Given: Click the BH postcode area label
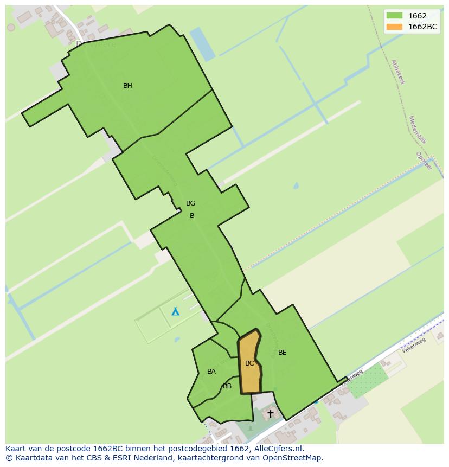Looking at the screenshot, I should pyautogui.click(x=127, y=86).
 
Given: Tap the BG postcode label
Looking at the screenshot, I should pyautogui.click(x=190, y=203).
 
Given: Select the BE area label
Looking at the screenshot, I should pyautogui.click(x=282, y=353).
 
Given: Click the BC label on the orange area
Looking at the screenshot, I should pyautogui.click(x=249, y=363).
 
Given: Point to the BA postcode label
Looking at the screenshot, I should pyautogui.click(x=211, y=372).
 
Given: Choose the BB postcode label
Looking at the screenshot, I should pyautogui.click(x=227, y=386).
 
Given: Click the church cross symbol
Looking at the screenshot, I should pyautogui.click(x=270, y=413).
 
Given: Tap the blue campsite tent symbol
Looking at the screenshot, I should pyautogui.click(x=175, y=311).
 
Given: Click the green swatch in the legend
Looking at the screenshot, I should pyautogui.click(x=394, y=16).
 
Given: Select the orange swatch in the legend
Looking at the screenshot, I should pyautogui.click(x=394, y=27).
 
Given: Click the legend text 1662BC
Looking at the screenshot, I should pyautogui.click(x=423, y=27).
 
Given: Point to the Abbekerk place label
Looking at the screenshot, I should pyautogui.click(x=397, y=72).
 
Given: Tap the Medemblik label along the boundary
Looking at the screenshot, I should pyautogui.click(x=418, y=130).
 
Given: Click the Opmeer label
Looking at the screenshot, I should pyautogui.click(x=424, y=161).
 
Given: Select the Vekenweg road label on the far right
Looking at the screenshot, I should pyautogui.click(x=414, y=345).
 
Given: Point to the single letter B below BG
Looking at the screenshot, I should pyautogui.click(x=191, y=216).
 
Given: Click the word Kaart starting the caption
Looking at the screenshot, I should pyautogui.click(x=16, y=449).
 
